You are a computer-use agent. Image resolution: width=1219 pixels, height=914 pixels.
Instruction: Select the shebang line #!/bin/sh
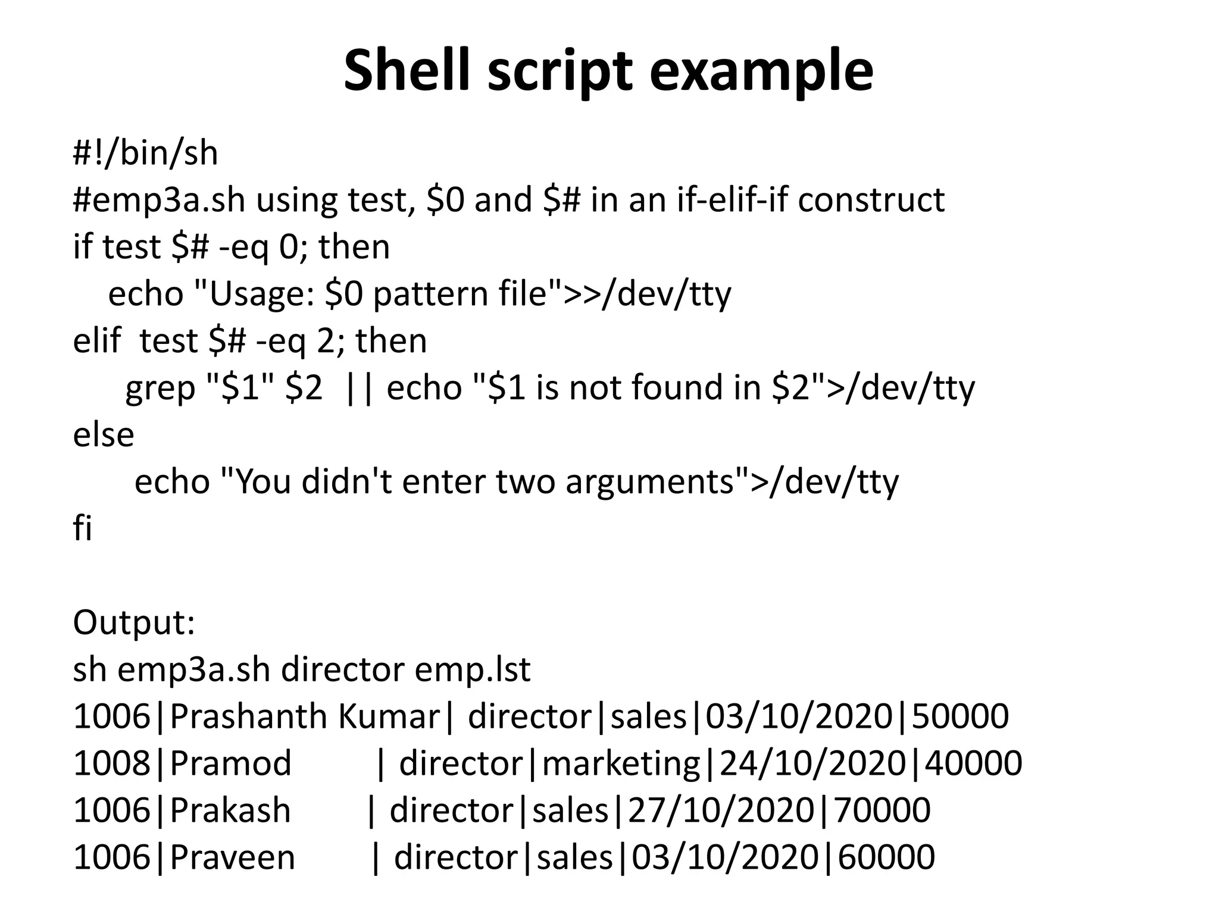[145, 154]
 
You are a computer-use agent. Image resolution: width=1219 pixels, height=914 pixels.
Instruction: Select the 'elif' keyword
[96, 341]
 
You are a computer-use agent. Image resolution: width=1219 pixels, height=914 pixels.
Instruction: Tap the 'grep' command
[160, 389]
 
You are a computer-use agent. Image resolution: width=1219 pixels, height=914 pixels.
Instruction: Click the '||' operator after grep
[359, 388]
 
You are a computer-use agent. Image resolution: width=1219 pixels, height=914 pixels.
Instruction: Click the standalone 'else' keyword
[104, 435]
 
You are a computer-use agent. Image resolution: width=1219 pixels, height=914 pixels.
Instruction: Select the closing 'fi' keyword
[83, 528]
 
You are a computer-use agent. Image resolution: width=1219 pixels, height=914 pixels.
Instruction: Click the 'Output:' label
[134, 623]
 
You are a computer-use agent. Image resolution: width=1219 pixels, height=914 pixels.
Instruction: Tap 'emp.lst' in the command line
[472, 670]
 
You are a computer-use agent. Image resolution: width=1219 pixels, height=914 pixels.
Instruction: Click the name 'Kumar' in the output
[389, 716]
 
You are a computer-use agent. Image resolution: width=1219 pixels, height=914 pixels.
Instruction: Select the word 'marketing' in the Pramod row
[621, 764]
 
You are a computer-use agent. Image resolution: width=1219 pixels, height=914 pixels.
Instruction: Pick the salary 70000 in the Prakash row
[882, 810]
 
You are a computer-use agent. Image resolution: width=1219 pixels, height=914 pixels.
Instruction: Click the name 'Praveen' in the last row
[233, 857]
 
